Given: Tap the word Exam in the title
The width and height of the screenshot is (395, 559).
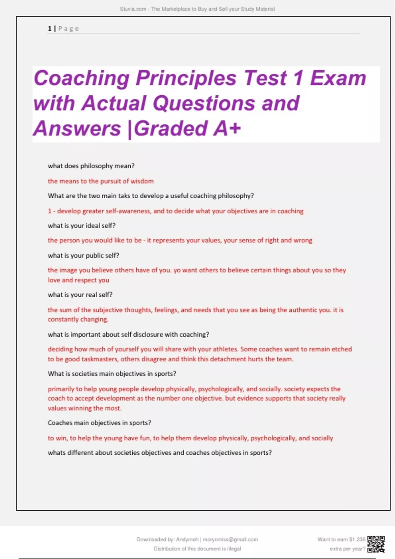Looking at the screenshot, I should click(x=338, y=78).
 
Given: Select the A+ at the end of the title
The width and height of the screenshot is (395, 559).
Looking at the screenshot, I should click(x=227, y=128).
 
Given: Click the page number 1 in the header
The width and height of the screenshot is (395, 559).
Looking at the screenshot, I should click(x=50, y=29).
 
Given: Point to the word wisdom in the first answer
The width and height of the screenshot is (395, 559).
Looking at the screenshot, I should click(x=142, y=181).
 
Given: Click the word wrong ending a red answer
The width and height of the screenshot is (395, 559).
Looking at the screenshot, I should click(x=303, y=240).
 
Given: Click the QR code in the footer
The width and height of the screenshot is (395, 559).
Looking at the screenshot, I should click(x=376, y=544).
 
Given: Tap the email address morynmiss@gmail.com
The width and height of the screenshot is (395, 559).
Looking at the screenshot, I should click(x=230, y=540).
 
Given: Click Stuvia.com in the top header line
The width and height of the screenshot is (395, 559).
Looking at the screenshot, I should click(x=133, y=9).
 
